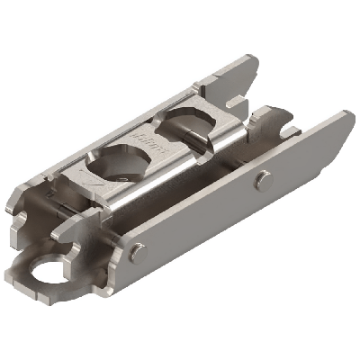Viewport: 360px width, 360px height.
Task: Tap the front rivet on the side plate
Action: coord(134,254)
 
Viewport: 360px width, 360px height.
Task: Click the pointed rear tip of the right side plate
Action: coord(347,114)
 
